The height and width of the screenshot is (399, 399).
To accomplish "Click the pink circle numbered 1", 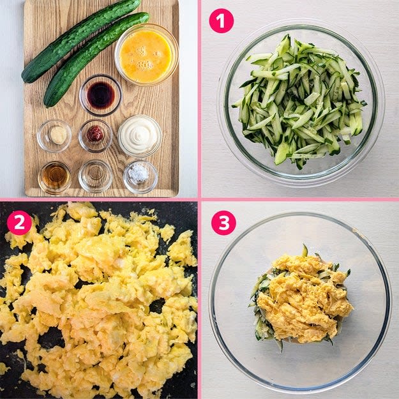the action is (x=221, y=21).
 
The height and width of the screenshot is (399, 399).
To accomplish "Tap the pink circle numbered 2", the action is (x=19, y=223).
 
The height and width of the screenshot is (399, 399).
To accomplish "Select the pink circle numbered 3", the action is (x=223, y=223).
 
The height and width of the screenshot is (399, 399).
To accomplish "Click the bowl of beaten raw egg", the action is (x=146, y=55).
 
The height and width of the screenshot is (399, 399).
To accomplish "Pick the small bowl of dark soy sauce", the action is (x=101, y=95).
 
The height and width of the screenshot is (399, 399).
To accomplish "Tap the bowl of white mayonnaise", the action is (x=139, y=135).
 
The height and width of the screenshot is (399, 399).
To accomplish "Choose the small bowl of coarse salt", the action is (x=140, y=176).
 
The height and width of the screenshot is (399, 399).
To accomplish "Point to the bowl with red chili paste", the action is (x=95, y=135).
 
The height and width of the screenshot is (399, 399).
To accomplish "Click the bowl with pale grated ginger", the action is (x=54, y=135).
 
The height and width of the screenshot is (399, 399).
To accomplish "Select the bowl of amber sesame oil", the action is (x=55, y=177).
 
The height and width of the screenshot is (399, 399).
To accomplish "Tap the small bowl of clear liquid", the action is (x=95, y=176).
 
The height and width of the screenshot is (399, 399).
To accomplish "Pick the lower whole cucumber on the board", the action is (x=96, y=59).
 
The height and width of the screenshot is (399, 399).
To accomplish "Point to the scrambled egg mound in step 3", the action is (x=305, y=297).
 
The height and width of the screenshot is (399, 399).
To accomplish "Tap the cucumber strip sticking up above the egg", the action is (x=305, y=250).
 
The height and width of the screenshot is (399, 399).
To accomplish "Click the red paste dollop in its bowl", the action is (x=95, y=133).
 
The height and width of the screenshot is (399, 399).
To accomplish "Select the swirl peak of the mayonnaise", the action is (x=139, y=133).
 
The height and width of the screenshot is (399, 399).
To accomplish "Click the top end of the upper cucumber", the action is (x=138, y=2).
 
